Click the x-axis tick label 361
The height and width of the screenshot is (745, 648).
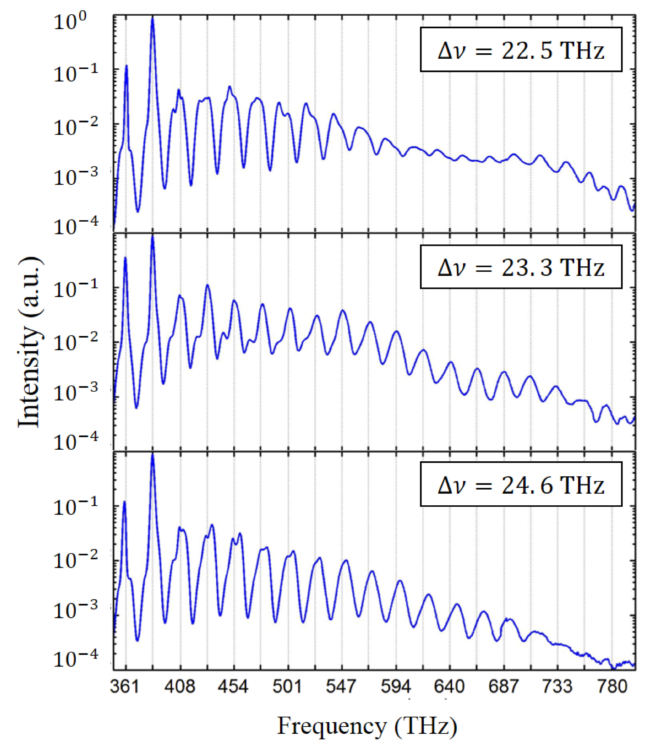[x=125, y=686]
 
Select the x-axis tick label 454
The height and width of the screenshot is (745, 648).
[x=233, y=686]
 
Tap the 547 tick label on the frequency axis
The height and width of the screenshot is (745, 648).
[x=341, y=686]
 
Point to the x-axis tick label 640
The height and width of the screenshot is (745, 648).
[x=449, y=686]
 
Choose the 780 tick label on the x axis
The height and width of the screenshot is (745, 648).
[x=612, y=686]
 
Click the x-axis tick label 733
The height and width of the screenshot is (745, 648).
[x=558, y=686]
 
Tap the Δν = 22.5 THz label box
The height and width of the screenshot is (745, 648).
[x=521, y=50]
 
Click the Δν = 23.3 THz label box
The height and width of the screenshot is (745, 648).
[x=521, y=267]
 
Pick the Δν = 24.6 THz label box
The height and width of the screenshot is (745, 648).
[x=521, y=484]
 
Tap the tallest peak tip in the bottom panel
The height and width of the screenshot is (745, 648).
[x=153, y=454]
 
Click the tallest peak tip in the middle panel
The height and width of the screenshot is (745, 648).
[x=153, y=236]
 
